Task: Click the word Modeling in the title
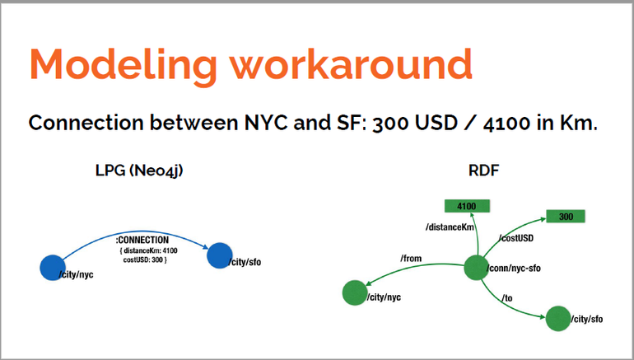124,65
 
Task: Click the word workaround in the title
352,64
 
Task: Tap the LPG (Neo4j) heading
139,171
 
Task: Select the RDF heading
483,171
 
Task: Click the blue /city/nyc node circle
53,268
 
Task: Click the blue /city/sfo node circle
220,255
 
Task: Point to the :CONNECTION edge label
142,240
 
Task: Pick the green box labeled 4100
467,206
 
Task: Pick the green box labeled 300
566,217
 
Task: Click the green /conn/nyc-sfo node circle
476,268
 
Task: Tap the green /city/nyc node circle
355,292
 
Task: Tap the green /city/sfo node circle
558,318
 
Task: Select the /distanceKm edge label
450,227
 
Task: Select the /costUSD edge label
516,238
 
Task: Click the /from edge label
411,258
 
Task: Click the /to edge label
507,298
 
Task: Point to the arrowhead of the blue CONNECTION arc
205,246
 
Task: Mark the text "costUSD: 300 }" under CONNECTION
145,259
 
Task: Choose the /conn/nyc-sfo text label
514,269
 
